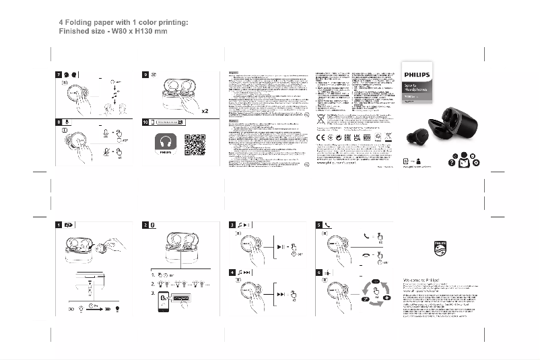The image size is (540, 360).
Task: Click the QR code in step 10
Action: pos(195,144)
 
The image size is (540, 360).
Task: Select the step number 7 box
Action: pos(59,73)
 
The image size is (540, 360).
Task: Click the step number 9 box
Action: pos(145,73)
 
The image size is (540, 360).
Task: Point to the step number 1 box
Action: pos(59,225)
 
